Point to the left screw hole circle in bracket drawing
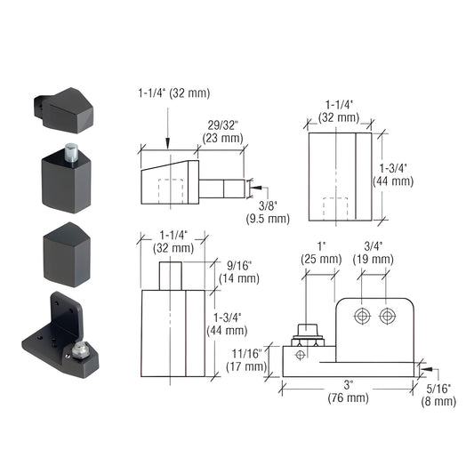(x=362, y=317)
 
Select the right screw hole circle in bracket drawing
(x=388, y=317)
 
